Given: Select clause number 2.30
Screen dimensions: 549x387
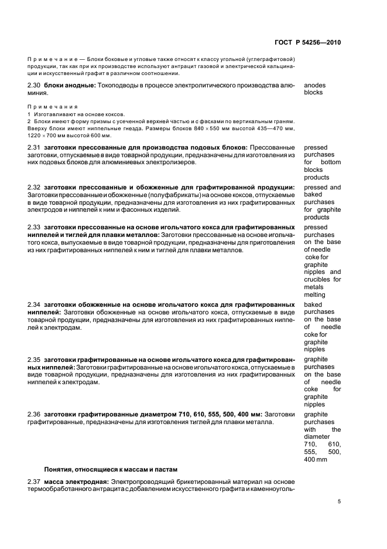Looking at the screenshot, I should pyautogui.click(x=35, y=85).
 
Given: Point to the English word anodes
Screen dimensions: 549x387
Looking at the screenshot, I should pyautogui.click(x=316, y=85).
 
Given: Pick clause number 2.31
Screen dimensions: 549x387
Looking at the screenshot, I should pyautogui.click(x=35, y=147).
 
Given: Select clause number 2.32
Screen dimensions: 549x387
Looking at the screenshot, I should pyautogui.click(x=35, y=188).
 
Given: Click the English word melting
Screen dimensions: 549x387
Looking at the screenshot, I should pyautogui.click(x=315, y=295).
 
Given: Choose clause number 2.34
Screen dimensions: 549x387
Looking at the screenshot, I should pyautogui.click(x=35, y=305).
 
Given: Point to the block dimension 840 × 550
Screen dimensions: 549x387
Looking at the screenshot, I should pyautogui.click(x=214, y=127).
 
